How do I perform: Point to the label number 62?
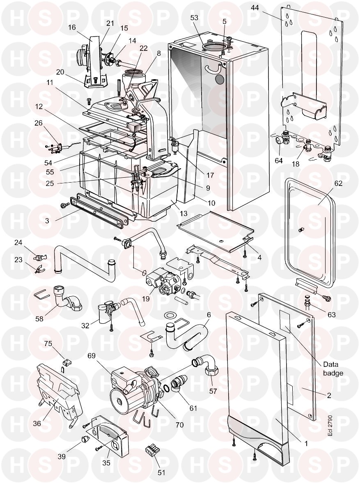click(x=338, y=184)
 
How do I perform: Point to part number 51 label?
click(x=161, y=472)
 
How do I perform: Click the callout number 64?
click(x=279, y=160)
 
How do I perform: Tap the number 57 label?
click(x=213, y=391)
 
